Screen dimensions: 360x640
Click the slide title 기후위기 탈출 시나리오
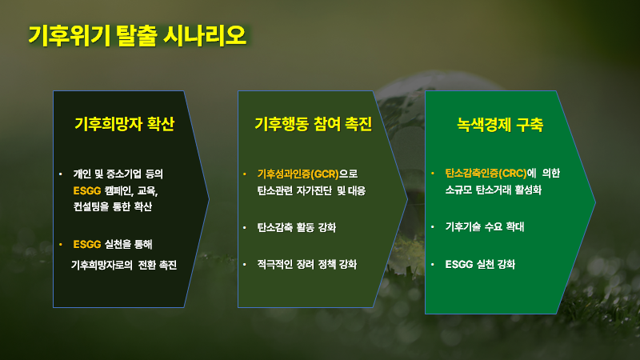tap(137, 35)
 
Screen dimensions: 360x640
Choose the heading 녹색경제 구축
tap(500, 125)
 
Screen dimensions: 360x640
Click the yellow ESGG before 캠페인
tap(86, 190)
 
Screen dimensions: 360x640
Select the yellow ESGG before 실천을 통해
tap(86, 243)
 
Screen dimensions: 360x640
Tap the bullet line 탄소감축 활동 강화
tap(296, 227)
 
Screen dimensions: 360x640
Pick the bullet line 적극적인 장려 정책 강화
tap(307, 263)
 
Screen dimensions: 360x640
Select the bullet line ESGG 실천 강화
tap(480, 263)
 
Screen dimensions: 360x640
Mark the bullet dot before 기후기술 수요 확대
tap(433, 227)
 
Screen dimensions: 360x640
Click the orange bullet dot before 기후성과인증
tap(246, 174)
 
